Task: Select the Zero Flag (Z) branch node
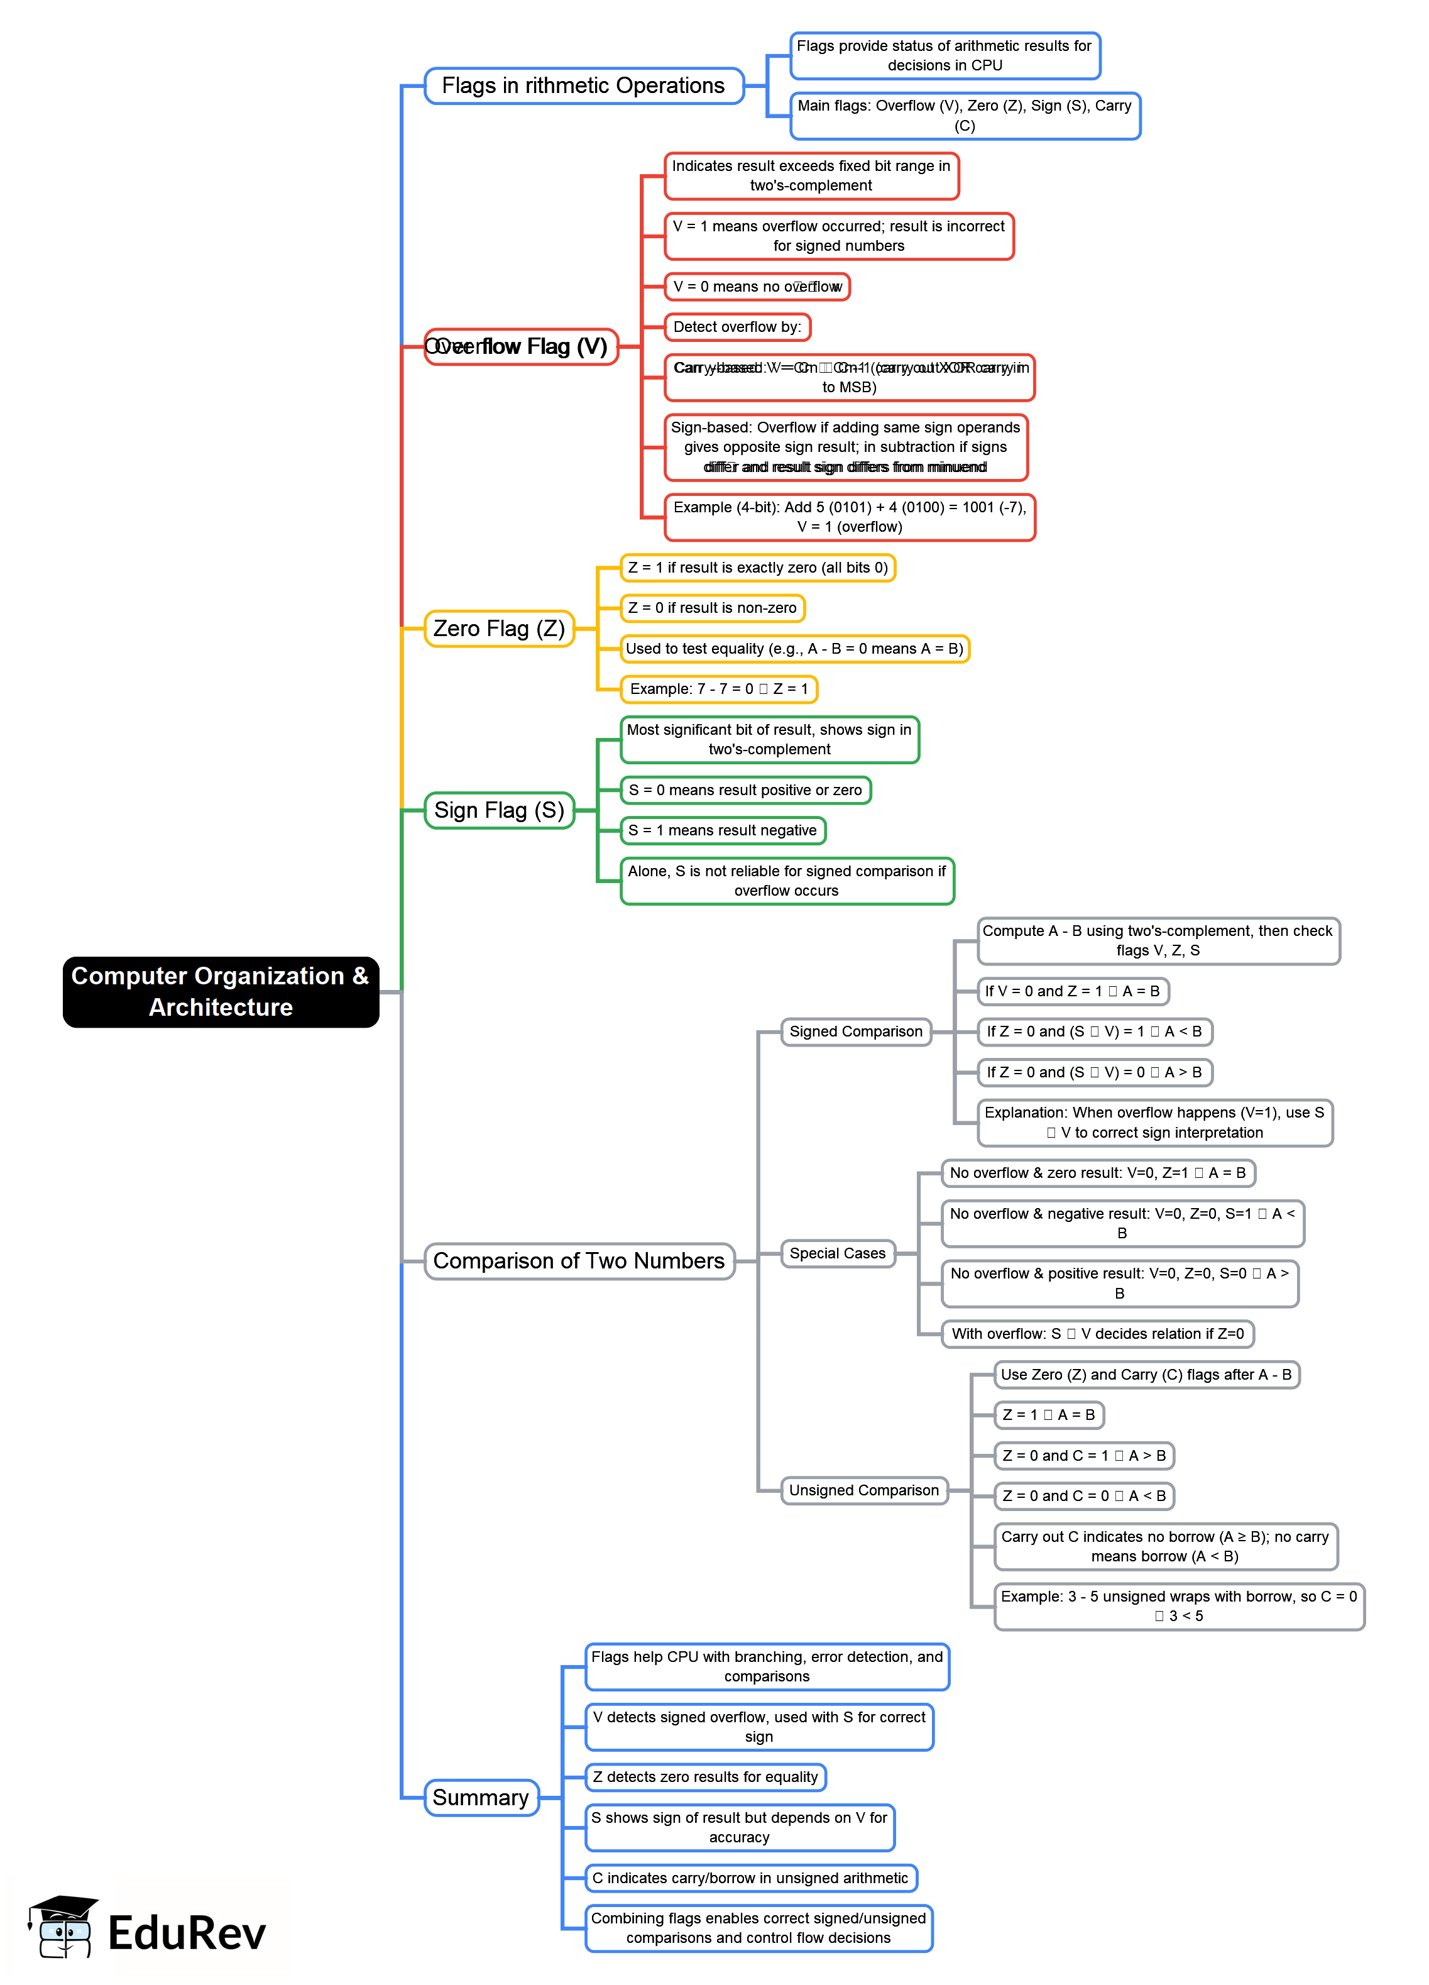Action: [x=499, y=629]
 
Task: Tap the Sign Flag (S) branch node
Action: [x=499, y=810]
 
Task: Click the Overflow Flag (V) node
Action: [x=522, y=346]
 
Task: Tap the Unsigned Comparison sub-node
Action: [x=863, y=1490]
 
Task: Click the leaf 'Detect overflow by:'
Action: [x=737, y=326]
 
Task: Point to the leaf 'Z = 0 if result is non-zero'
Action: [x=713, y=607]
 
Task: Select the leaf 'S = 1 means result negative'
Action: [x=723, y=830]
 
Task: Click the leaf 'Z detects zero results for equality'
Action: [x=705, y=1777]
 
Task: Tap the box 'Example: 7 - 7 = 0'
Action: [x=718, y=689]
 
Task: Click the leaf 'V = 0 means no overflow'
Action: [x=757, y=286]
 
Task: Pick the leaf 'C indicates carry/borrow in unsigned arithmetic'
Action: [x=750, y=1878]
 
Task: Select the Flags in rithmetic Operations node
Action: [x=584, y=85]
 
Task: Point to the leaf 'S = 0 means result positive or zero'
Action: [x=745, y=789]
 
